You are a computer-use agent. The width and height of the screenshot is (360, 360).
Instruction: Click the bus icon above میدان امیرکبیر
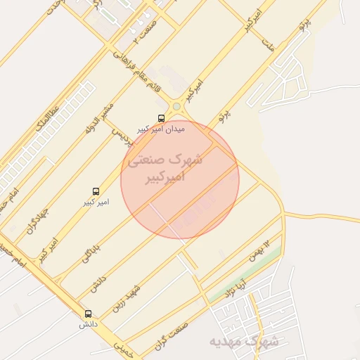click(x=162, y=118)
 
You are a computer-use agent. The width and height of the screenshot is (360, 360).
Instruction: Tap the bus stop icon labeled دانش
click(x=88, y=314)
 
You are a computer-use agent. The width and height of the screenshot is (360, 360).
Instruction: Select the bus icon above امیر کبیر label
click(x=96, y=191)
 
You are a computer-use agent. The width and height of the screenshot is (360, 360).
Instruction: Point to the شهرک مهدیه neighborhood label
click(x=243, y=342)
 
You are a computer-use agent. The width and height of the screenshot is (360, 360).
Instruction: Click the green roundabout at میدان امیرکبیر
click(x=176, y=107)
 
